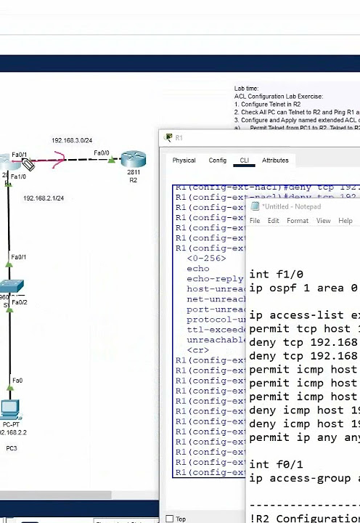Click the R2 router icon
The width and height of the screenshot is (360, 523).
[134, 159]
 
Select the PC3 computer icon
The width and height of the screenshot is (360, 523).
[11, 410]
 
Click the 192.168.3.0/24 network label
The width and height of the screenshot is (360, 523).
[71, 140]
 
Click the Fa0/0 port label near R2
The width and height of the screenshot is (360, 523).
[102, 153]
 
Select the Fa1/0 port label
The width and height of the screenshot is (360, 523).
[18, 177]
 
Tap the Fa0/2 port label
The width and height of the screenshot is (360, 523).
[20, 302]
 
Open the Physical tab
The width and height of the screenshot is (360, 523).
[184, 161]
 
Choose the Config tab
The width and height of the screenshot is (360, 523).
[218, 161]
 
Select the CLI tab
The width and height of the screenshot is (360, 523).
[245, 161]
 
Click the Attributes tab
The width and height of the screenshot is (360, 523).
[275, 161]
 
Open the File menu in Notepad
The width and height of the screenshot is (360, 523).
[255, 221]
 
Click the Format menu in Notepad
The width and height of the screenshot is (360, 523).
[298, 221]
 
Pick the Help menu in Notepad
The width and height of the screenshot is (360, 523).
[345, 221]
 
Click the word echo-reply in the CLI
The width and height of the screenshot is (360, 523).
[215, 279]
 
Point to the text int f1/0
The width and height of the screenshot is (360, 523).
[277, 275]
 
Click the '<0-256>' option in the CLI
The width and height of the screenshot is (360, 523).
[206, 259]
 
